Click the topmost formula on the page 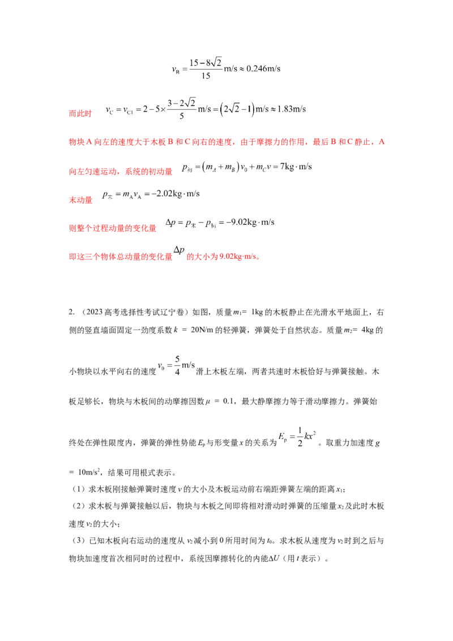click(x=226, y=68)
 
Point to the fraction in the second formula click(x=182, y=109)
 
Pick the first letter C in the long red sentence click(x=194, y=144)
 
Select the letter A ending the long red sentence click(x=383, y=144)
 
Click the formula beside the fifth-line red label click(x=150, y=196)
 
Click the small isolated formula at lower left click(x=176, y=365)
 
